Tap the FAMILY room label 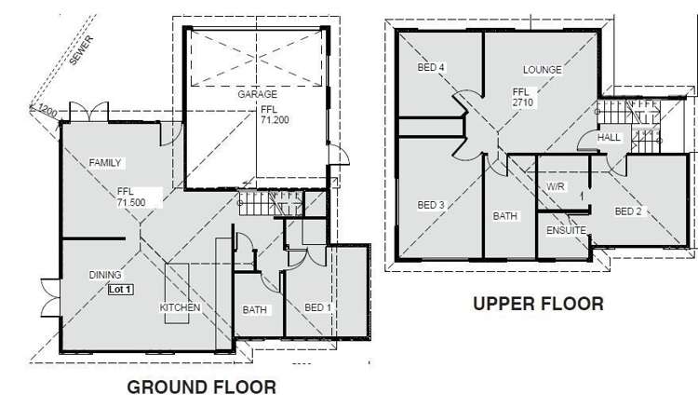pos(105,163)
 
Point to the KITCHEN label pos(180,307)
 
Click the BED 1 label pos(319,306)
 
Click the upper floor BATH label pos(505,216)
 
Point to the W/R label pos(556,186)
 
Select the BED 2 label pos(628,211)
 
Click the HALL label pos(610,137)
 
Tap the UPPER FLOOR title pos(538,304)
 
